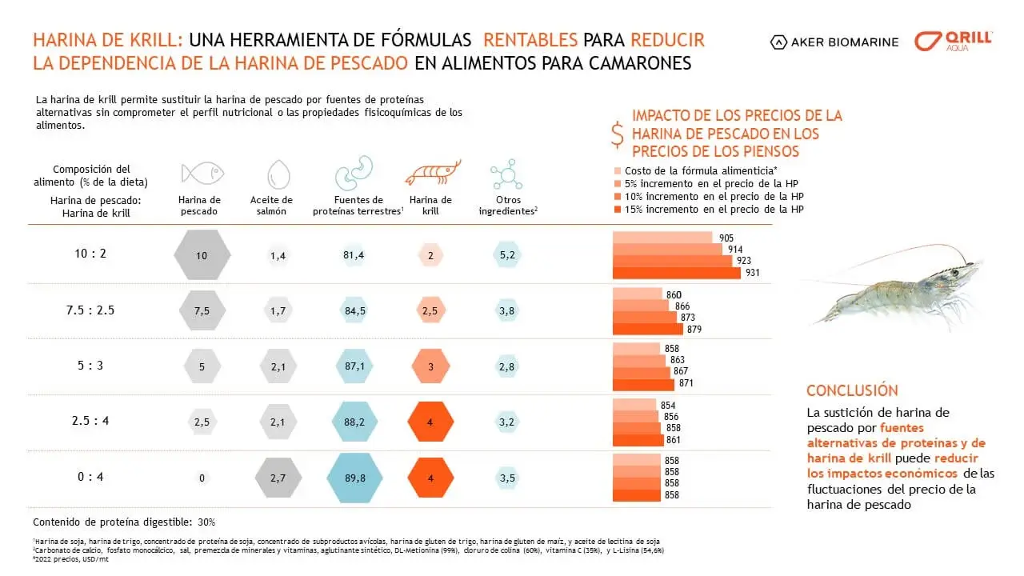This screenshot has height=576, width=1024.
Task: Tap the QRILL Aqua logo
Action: (x=954, y=42)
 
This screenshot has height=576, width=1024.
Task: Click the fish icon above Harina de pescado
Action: (x=202, y=174)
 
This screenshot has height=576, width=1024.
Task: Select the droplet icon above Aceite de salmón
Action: (x=278, y=174)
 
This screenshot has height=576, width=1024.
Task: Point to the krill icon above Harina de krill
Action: (x=433, y=172)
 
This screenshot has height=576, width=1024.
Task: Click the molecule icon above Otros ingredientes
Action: (x=506, y=174)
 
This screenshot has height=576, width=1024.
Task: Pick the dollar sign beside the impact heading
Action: (x=617, y=134)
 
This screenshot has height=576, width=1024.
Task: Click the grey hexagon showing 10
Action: (x=202, y=255)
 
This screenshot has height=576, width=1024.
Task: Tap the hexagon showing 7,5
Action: (x=202, y=311)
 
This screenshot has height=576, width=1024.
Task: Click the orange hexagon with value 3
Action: (x=430, y=366)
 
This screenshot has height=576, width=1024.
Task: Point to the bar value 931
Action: (x=753, y=273)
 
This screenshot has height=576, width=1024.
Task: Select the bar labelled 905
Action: (x=662, y=238)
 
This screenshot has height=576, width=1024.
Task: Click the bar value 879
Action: (x=694, y=329)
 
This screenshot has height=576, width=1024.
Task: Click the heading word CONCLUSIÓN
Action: (x=852, y=391)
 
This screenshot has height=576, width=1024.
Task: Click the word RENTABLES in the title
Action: (x=531, y=40)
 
